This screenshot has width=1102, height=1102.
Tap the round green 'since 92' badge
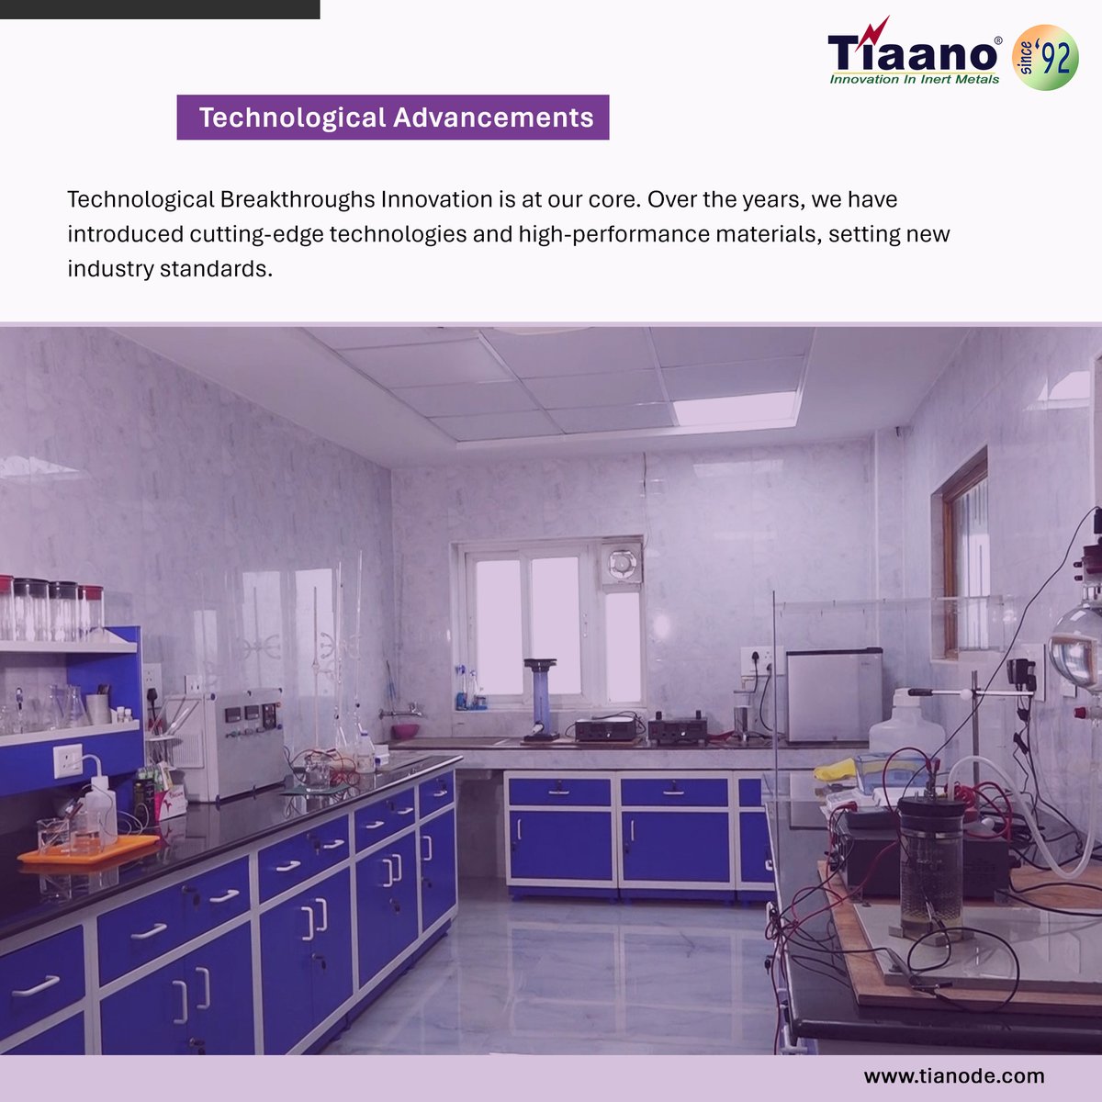click(x=1044, y=57)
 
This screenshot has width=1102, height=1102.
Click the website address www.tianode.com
click(x=954, y=1075)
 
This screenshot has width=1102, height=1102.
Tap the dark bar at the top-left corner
click(x=160, y=9)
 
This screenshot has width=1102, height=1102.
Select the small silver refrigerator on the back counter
click(x=834, y=694)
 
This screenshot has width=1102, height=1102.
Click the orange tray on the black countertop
click(x=88, y=849)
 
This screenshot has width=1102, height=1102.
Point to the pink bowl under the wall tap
click(x=404, y=731)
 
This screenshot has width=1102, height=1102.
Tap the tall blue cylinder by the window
click(x=541, y=698)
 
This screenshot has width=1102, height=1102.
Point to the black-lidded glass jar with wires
click(x=931, y=863)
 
